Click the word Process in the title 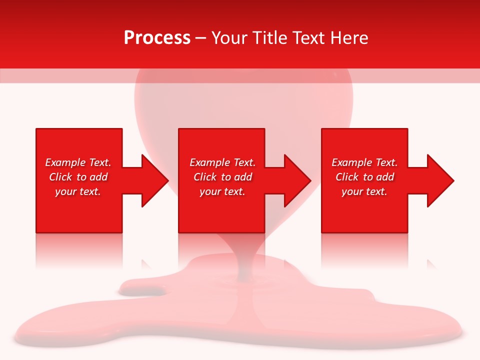click(157, 38)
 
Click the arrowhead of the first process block click(152, 180)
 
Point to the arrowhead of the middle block click(295, 180)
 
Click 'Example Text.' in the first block click(78, 162)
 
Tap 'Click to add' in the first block click(78, 177)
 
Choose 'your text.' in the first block click(78, 191)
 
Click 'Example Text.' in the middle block click(222, 162)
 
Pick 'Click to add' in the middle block click(222, 177)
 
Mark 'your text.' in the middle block click(222, 191)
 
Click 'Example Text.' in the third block click(364, 162)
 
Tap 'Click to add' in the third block click(364, 177)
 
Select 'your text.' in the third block click(364, 191)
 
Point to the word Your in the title click(228, 38)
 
